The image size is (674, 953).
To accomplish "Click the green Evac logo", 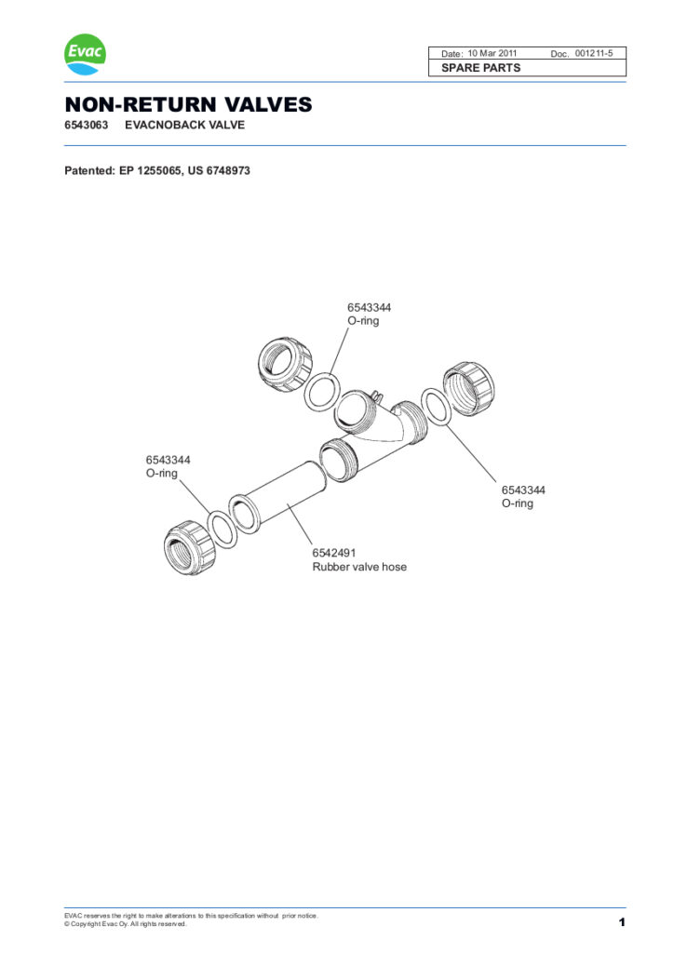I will (85, 55).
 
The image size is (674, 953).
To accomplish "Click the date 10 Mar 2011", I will (492, 54).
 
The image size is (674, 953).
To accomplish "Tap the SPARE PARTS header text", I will (481, 68).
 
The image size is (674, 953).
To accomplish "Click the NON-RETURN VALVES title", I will (188, 105).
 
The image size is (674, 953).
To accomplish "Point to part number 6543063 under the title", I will (86, 125).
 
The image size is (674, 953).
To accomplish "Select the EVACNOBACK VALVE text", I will (185, 125).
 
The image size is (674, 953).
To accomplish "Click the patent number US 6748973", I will (219, 171).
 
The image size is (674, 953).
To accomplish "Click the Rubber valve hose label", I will (359, 566).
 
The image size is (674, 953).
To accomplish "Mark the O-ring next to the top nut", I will (322, 391).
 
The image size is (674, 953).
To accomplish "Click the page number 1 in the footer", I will (621, 922).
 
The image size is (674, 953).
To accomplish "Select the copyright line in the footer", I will (126, 924).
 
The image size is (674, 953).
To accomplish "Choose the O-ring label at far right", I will (518, 503).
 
